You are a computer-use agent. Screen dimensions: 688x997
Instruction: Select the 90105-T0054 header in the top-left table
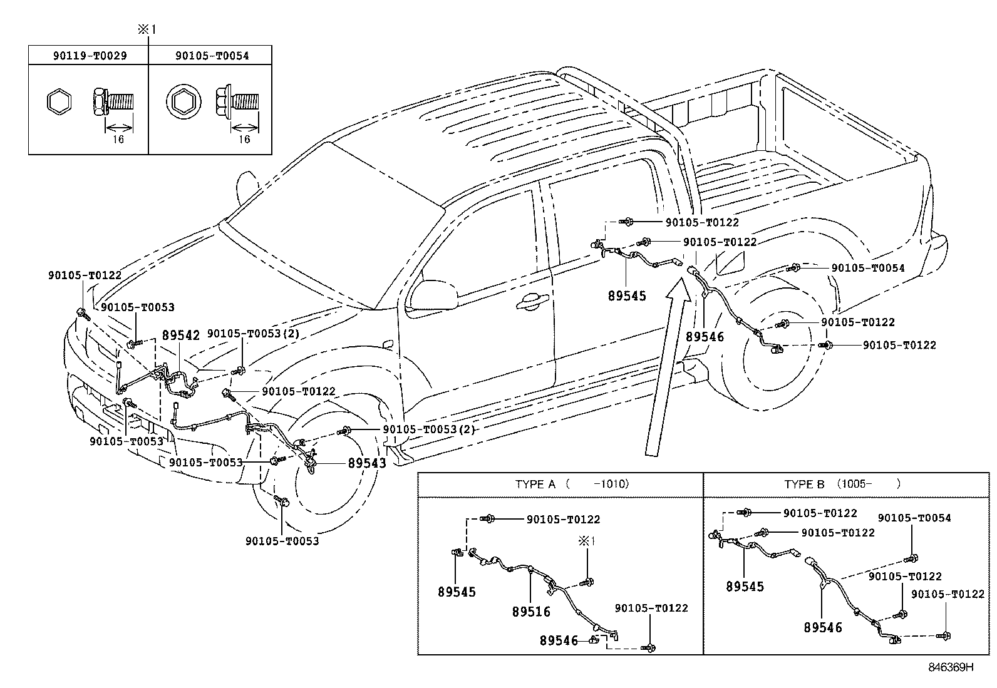click(212, 56)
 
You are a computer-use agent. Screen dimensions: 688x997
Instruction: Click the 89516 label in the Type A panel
click(531, 612)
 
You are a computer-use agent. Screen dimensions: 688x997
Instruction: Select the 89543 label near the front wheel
click(367, 463)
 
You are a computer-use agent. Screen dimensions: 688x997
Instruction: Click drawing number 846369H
click(951, 667)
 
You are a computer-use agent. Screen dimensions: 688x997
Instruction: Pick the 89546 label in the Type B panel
click(823, 627)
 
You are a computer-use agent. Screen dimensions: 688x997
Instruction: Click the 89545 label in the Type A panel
click(457, 592)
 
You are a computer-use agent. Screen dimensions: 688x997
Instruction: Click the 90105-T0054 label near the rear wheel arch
click(867, 268)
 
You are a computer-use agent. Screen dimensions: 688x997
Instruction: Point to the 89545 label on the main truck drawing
click(626, 295)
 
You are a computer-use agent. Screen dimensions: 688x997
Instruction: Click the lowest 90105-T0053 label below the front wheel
click(282, 541)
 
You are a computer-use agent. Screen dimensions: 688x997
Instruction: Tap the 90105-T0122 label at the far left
click(85, 275)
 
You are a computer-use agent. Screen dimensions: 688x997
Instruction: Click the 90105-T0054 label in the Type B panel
click(914, 518)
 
